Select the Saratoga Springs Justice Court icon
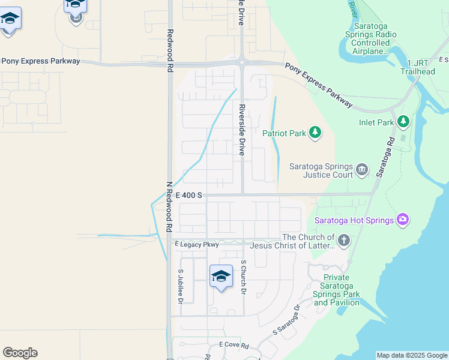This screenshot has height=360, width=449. pos(361,170)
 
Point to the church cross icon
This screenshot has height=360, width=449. pos(343,241)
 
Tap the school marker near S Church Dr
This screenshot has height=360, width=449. pos(221,276)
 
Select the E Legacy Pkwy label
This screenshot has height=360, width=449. pos(197,244)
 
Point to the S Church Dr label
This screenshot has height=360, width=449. pos(243,277)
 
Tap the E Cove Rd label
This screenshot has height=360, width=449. pos(234,345)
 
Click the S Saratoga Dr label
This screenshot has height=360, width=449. pos(286,320)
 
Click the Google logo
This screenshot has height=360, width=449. pos(20,353)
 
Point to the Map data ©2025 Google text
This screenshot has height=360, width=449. pos(412,355)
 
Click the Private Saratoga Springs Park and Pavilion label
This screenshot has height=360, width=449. pos(337,290)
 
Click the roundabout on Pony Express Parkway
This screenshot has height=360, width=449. pos(241,62)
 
